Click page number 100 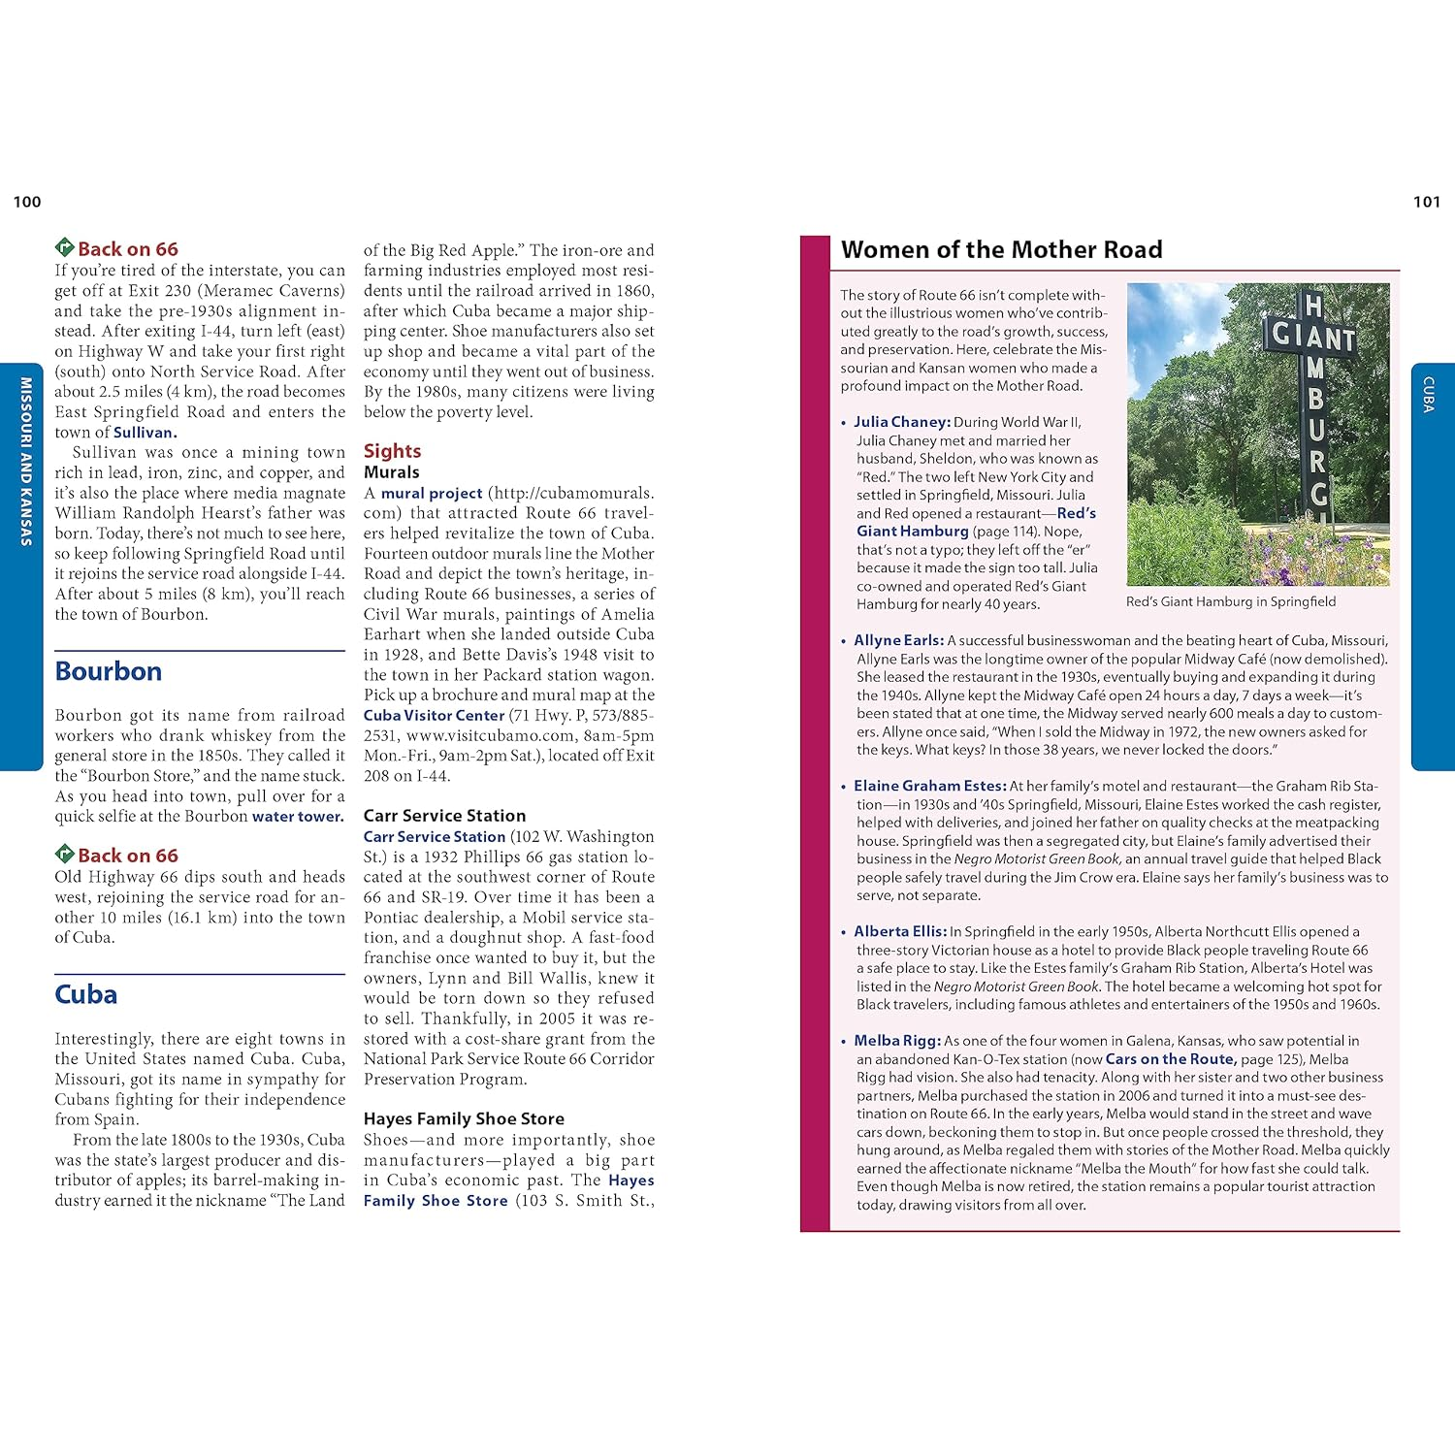point(27,202)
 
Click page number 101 point(1426,202)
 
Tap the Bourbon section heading point(109,671)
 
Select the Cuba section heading point(86,994)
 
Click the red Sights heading point(392,451)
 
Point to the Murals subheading point(391,472)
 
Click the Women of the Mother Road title point(1001,250)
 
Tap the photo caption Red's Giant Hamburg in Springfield point(1230,601)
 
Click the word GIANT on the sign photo point(1313,337)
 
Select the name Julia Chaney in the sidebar point(901,422)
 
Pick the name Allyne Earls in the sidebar point(898,640)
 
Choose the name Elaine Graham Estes point(930,786)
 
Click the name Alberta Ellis point(900,931)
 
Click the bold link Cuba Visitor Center point(434,715)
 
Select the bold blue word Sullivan point(145,433)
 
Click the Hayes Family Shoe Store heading point(464,1118)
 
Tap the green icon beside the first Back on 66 point(65,248)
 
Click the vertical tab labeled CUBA point(1429,395)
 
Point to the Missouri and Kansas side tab point(26,462)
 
